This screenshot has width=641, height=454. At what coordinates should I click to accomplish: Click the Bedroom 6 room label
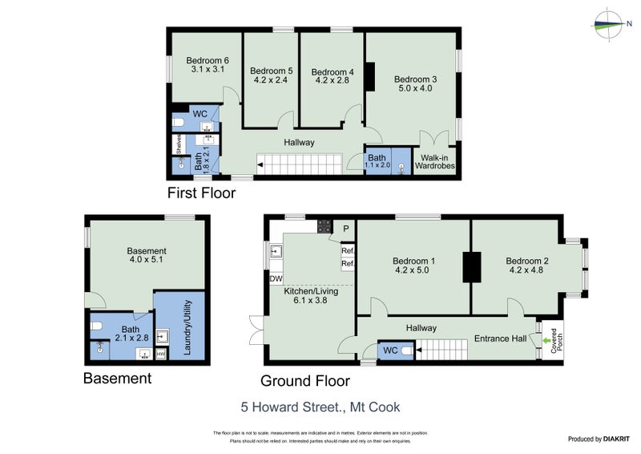(x=208, y=60)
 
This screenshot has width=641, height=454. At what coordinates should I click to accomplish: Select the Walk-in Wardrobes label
(x=435, y=161)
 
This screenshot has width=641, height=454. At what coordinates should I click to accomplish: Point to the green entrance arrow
(x=548, y=339)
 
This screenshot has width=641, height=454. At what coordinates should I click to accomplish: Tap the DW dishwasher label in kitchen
(x=276, y=278)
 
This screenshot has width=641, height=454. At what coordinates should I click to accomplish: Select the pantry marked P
(x=346, y=228)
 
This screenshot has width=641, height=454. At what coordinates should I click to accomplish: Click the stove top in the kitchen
(x=325, y=226)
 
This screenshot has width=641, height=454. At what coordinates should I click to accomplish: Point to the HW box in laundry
(x=160, y=354)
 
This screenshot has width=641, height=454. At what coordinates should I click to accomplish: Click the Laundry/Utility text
(x=189, y=328)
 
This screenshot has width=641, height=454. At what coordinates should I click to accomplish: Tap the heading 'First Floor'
(x=198, y=193)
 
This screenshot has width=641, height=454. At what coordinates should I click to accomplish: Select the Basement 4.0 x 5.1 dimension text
(x=147, y=260)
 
